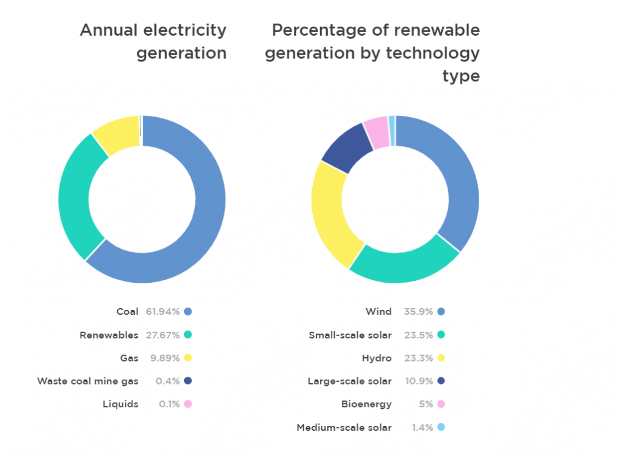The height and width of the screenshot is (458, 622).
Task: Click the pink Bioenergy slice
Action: (376, 132)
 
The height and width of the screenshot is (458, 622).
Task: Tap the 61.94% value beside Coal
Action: (163, 312)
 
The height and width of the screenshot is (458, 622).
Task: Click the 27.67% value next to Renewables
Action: (163, 335)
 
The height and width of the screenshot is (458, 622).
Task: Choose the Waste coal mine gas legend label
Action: (87, 381)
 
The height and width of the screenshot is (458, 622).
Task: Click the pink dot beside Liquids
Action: (188, 404)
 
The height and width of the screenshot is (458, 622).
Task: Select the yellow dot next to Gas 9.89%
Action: (188, 358)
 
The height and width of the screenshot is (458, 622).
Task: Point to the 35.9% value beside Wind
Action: (418, 312)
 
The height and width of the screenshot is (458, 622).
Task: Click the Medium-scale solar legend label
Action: (344, 427)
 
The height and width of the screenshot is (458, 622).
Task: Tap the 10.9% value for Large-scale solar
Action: (418, 381)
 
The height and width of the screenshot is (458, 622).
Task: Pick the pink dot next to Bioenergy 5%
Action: (441, 404)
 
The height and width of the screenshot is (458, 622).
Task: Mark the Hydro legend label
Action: (378, 358)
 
